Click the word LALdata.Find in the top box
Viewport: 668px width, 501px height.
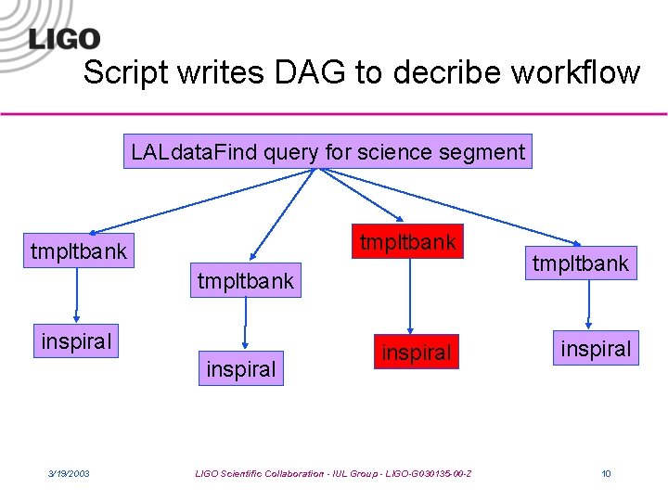(x=194, y=152)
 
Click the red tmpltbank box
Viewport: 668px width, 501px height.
(x=407, y=242)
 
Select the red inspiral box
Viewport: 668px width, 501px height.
(x=416, y=353)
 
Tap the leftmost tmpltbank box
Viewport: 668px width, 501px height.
(x=78, y=250)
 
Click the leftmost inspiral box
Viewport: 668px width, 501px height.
(x=76, y=341)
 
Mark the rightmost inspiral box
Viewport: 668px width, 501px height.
(x=594, y=349)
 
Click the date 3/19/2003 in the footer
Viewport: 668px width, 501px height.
(x=69, y=474)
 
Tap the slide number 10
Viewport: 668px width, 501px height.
(x=606, y=474)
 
